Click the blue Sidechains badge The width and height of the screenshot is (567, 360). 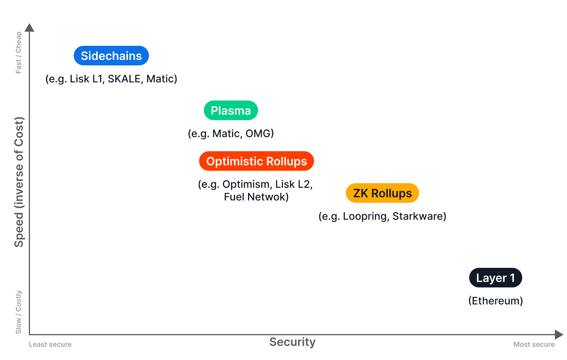pos(111,56)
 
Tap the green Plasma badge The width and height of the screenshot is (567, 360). pos(231,110)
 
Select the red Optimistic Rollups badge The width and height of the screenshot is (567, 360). pos(256,161)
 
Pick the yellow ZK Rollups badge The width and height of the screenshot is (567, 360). pos(382,193)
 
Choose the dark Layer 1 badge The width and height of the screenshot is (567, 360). pos(496,278)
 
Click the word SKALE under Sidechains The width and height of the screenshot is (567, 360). pos(124,79)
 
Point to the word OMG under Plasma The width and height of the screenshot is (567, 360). pos(259,133)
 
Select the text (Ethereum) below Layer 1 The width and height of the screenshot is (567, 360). pos(496,301)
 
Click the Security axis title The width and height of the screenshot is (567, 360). pos(292,342)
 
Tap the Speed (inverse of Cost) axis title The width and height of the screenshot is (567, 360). pos(19,182)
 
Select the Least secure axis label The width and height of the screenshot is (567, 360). pos(50,344)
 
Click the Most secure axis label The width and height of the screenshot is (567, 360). pos(534,344)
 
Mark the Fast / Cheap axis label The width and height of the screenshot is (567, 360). pos(18,52)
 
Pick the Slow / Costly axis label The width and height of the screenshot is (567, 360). pos(18,312)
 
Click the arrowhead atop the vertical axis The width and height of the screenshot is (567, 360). pos(29,28)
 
